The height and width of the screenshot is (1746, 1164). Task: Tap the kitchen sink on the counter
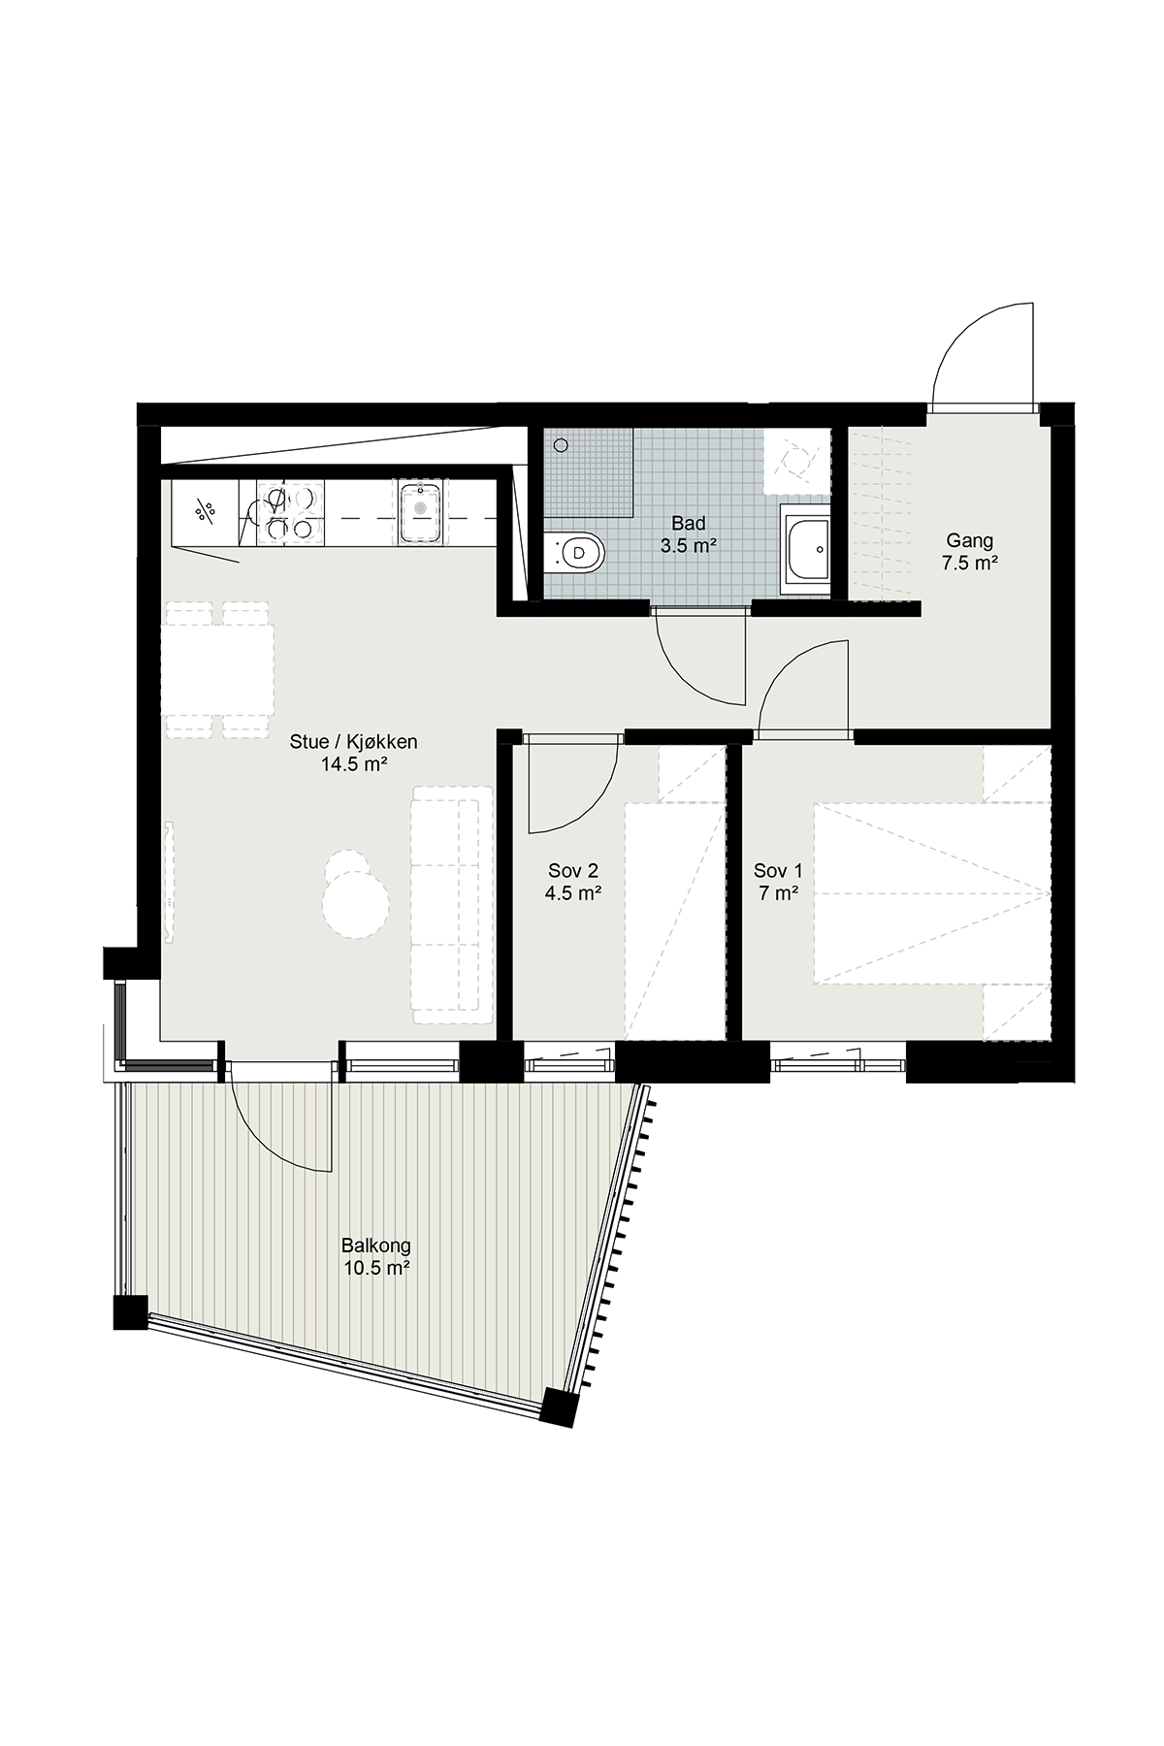pyautogui.click(x=421, y=513)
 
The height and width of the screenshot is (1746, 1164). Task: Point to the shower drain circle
pyautogui.click(x=561, y=445)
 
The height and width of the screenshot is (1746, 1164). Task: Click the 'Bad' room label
pyautogui.click(x=688, y=525)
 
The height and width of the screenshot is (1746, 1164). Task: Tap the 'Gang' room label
pyautogui.click(x=970, y=541)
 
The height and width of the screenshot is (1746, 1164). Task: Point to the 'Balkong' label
pyautogui.click(x=376, y=1245)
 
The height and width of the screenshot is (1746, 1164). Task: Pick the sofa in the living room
pyautogui.click(x=453, y=904)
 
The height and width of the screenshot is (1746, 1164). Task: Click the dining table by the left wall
pyautogui.click(x=218, y=669)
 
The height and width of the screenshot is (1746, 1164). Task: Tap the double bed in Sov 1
pyautogui.click(x=932, y=893)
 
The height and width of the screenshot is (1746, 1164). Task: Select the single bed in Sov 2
pyautogui.click(x=675, y=921)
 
